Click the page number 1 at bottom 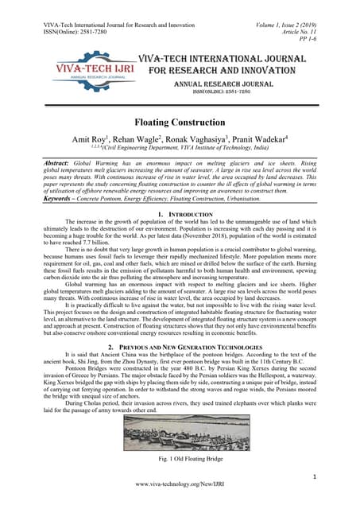(x=315, y=476)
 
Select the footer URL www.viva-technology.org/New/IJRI (x=180, y=485)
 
